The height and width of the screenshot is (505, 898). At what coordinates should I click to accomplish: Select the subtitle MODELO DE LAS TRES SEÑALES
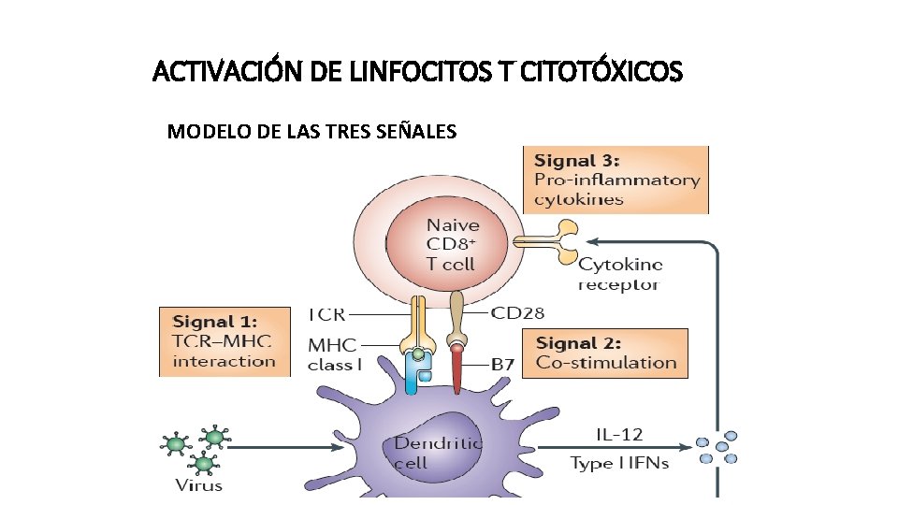[x=311, y=131]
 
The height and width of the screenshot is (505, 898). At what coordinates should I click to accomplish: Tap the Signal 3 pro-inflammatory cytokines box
[x=616, y=180]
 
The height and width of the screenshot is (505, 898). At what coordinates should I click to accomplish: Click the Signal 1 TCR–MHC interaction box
[x=224, y=341]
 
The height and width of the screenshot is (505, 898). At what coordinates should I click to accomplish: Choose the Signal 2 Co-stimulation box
[x=606, y=353]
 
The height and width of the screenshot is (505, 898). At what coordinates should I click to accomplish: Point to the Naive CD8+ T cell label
[x=452, y=244]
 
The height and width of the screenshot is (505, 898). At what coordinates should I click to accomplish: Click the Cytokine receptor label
[x=619, y=275]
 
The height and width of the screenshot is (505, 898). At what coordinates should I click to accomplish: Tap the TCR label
[x=326, y=313]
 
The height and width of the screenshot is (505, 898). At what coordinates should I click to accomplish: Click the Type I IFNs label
[x=619, y=463]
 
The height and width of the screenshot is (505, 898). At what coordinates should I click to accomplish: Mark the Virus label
[x=199, y=484]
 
